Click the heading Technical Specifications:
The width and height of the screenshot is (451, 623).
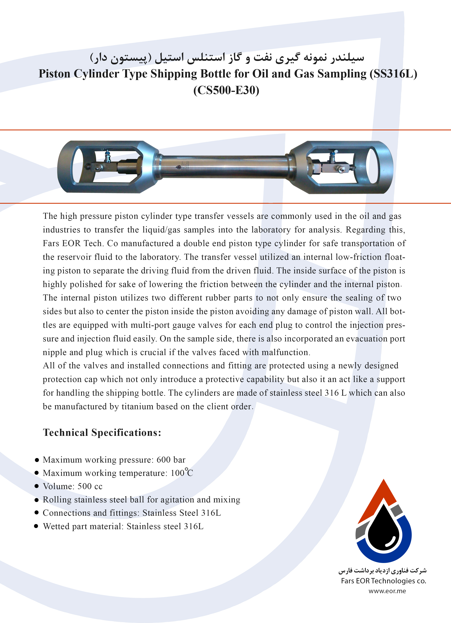click(102, 432)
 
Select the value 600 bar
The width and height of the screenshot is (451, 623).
click(171, 459)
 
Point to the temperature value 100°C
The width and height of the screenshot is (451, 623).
click(181, 473)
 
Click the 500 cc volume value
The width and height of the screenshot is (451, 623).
click(90, 486)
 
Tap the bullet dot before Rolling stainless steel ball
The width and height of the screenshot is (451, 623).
click(37, 500)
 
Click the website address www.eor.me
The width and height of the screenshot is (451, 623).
click(387, 591)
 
